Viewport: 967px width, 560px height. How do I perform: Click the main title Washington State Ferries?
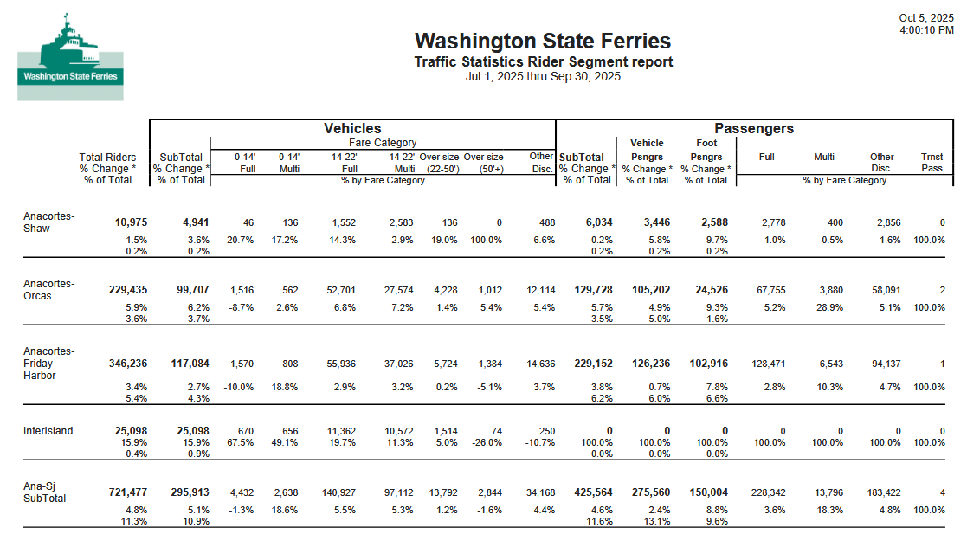click(543, 41)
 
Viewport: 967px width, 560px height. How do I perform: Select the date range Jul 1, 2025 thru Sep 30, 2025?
click(543, 76)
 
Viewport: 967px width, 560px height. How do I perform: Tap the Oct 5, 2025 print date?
click(926, 18)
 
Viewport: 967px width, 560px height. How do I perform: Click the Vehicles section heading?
click(352, 128)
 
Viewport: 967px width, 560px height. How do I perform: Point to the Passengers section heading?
click(753, 128)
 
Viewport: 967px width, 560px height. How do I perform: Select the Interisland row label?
click(48, 431)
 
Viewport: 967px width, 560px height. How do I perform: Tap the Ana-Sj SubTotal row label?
click(45, 492)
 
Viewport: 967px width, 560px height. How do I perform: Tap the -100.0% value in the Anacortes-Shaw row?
click(485, 240)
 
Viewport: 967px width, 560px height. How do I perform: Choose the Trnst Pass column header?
click(932, 163)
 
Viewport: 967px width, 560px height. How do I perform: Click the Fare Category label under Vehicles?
click(383, 142)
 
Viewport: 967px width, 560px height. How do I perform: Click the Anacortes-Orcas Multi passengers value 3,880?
click(827, 291)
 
